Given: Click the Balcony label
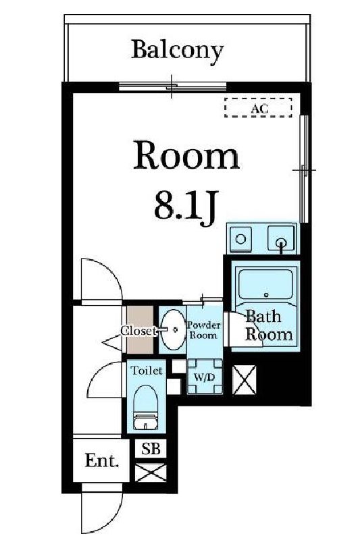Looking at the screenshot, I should [177, 49].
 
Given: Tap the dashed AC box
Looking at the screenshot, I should [258, 107].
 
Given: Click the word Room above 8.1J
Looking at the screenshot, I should [186, 157].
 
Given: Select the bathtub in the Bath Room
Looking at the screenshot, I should [264, 284].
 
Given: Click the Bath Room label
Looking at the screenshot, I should [268, 325].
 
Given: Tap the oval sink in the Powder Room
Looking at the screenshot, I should [172, 329].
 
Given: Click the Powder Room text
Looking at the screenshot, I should [203, 330].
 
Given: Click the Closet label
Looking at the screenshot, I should [139, 330].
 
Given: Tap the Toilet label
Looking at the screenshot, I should [146, 371].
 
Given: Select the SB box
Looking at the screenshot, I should [151, 448].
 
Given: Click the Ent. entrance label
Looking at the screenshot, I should [102, 461].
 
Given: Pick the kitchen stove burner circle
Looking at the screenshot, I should [240, 238].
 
